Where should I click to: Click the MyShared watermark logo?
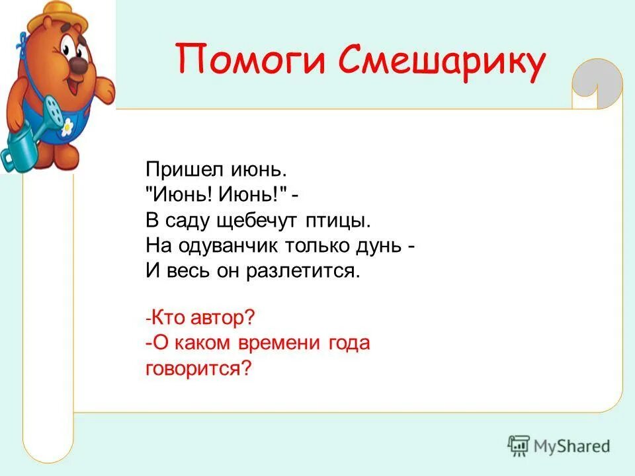(559, 446)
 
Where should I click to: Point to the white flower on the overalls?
(67, 128)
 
